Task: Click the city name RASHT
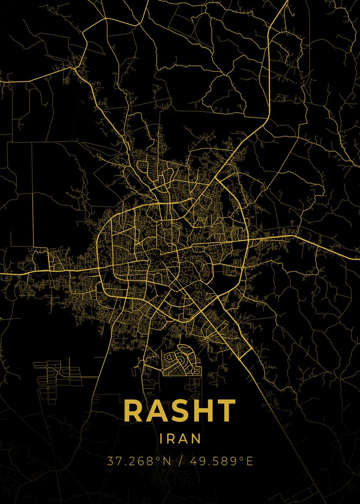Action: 180,411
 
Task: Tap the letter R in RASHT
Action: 134,411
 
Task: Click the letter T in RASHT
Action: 226,411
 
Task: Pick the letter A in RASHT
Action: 157,411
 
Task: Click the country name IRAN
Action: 180,438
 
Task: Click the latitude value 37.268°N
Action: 139,461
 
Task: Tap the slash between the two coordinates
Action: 180,461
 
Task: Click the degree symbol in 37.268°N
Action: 158,458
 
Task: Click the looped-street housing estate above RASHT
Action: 181,359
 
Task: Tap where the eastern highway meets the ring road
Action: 248,241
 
